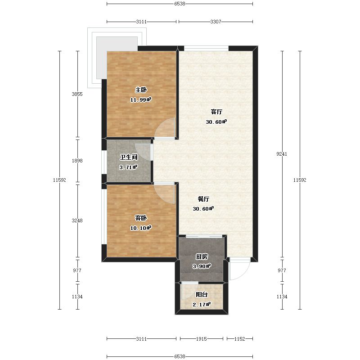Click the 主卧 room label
[141, 90]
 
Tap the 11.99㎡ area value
[141, 99]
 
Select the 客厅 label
[216, 112]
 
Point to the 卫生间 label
[129, 157]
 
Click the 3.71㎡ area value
[128, 167]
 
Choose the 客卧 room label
[141, 218]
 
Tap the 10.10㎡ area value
[141, 228]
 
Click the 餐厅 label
[203, 199]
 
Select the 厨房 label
[202, 256]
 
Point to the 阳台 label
[202, 295]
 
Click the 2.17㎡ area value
[202, 305]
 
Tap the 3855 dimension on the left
[77, 94]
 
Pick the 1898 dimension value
[77, 161]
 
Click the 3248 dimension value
[77, 220]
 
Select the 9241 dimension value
[282, 154]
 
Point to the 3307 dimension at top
[216, 22]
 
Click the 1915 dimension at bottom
[202, 339]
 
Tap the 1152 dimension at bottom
[240, 339]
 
